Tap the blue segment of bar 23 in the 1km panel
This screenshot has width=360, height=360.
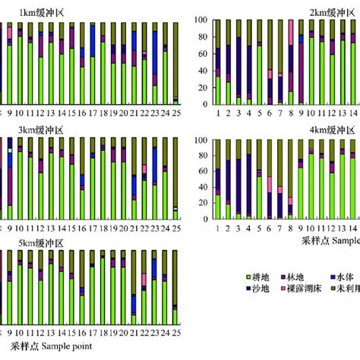155,54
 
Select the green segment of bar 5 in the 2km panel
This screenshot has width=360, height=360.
259,75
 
